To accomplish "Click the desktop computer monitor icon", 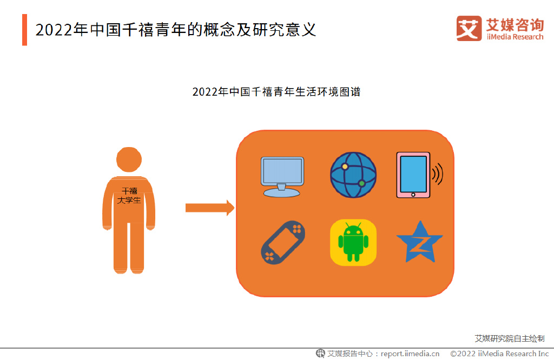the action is pyautogui.click(x=282, y=177).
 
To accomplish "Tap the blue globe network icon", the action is pyautogui.click(x=353, y=175).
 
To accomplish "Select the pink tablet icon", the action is pyautogui.click(x=413, y=175).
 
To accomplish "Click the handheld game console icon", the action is pyautogui.click(x=282, y=242).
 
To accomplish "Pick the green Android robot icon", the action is pyautogui.click(x=353, y=243).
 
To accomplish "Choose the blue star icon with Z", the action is pyautogui.click(x=419, y=242).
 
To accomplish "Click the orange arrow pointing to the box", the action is pyautogui.click(x=210, y=208).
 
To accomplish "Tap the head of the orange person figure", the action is pyautogui.click(x=129, y=159).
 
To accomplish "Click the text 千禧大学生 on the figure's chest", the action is pyautogui.click(x=129, y=196).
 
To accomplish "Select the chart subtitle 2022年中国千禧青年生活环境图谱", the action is pyautogui.click(x=276, y=92).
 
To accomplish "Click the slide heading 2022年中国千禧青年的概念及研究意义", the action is pyautogui.click(x=176, y=30).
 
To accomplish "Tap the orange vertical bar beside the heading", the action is pyautogui.click(x=24, y=30).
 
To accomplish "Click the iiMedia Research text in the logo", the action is pyautogui.click(x=515, y=37).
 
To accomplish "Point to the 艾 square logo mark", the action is pyautogui.click(x=469, y=28).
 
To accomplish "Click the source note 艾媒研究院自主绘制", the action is pyautogui.click(x=510, y=338).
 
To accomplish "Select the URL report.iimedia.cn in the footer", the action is pyautogui.click(x=410, y=354).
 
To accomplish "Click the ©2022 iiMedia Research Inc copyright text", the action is pyautogui.click(x=499, y=354).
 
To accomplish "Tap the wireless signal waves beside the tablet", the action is pyautogui.click(x=438, y=174).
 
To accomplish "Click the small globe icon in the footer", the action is pyautogui.click(x=320, y=354).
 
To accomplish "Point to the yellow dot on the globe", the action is pyautogui.click(x=345, y=166).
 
